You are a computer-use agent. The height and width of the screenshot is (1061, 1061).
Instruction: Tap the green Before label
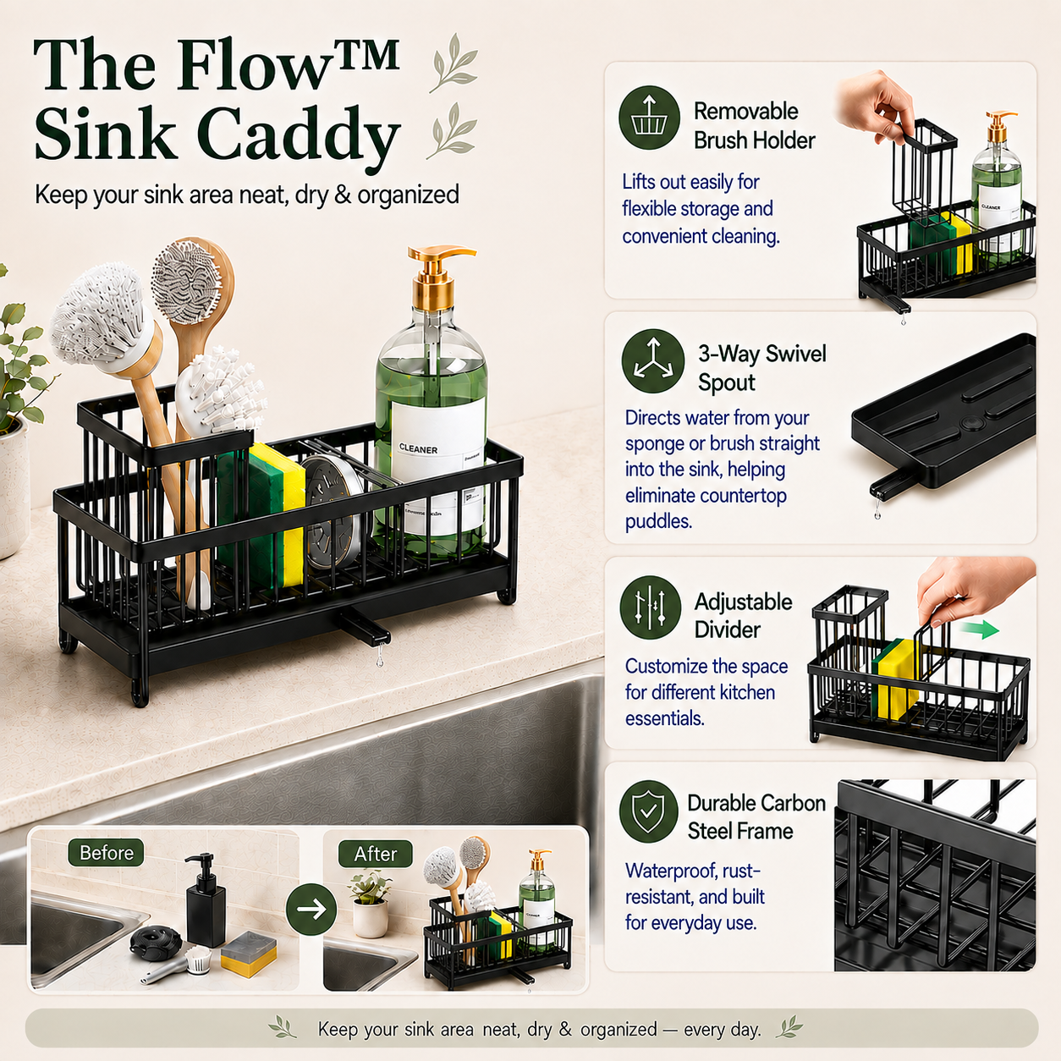[x=106, y=853]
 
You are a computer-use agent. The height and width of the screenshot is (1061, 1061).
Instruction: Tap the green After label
[x=375, y=854]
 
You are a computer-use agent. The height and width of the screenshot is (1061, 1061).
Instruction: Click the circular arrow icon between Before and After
[x=311, y=909]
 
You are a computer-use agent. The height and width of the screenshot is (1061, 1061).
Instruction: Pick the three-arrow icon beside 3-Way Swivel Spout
[x=653, y=360]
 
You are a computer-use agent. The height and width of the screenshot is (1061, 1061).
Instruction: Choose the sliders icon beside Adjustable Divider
[x=651, y=607]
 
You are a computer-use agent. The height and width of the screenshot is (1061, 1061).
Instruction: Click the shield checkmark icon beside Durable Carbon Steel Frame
[x=649, y=811]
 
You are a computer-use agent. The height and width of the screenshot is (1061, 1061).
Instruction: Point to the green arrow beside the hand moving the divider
[x=980, y=629]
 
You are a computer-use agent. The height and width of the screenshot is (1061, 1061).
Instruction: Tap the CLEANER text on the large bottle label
[x=419, y=449]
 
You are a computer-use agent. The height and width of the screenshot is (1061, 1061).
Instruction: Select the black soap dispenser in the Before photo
[x=206, y=899]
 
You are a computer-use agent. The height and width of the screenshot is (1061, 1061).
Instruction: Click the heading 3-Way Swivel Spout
[x=762, y=368]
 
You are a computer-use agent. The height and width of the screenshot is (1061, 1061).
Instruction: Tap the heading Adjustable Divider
[x=743, y=616]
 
